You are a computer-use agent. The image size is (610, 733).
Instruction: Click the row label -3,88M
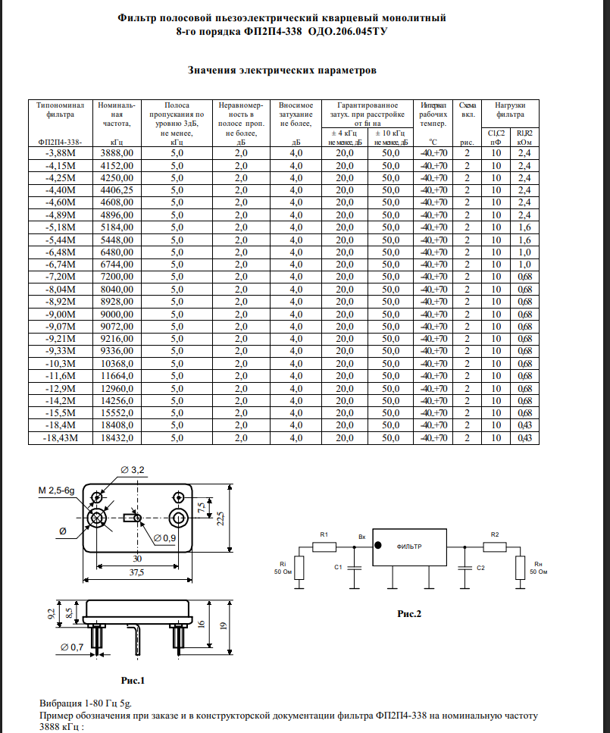coord(61,153)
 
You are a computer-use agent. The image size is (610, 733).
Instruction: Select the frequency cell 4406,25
coord(117,190)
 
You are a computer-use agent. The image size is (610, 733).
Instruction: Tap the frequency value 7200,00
coord(117,277)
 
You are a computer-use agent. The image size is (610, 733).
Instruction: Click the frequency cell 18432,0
coord(117,438)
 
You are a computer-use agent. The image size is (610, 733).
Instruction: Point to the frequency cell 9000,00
coord(117,314)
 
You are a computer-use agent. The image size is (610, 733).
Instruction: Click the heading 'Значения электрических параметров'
coord(282,70)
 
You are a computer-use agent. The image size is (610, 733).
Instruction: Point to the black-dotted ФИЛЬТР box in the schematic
coord(409,547)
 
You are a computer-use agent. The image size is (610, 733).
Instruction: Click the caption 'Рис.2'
coord(409,614)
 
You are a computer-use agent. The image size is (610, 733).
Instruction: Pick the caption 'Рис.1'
coord(133,678)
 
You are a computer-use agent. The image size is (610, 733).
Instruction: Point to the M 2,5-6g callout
coord(57,491)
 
